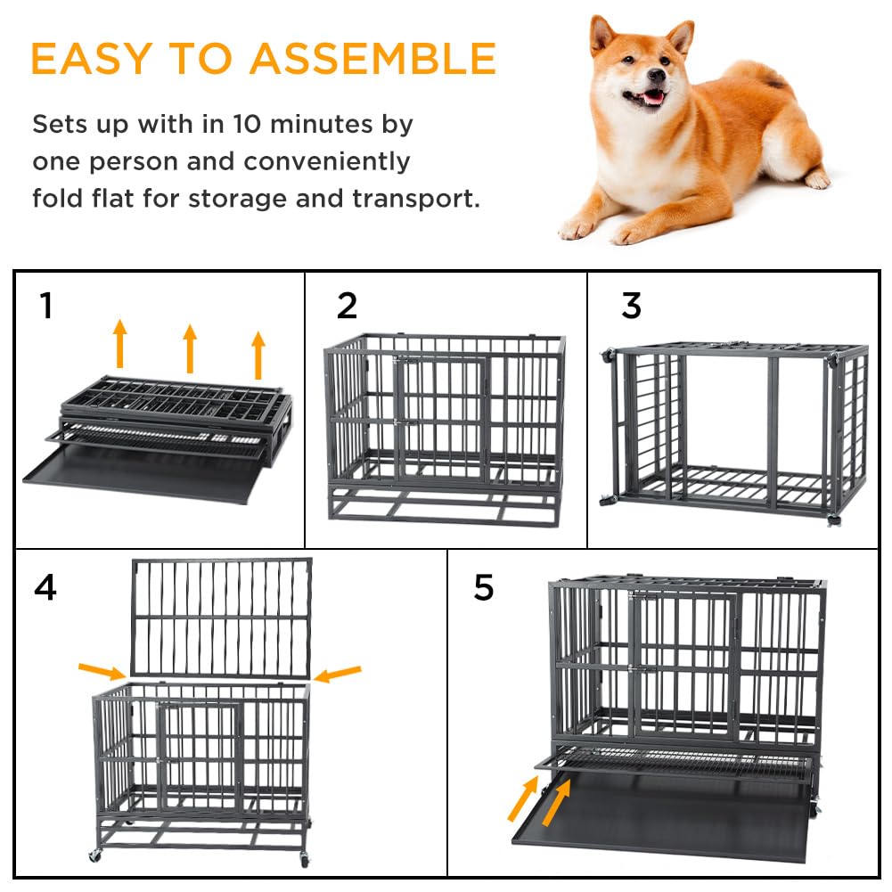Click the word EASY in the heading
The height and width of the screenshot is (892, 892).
coord(91,58)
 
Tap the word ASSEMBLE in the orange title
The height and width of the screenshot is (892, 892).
coord(373,58)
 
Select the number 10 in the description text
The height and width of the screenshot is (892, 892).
coord(248,124)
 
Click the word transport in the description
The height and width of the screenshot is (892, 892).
coord(415,199)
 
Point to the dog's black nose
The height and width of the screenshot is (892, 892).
coord(656,75)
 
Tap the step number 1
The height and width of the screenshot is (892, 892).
coord(46,306)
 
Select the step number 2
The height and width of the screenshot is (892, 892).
coord(347,306)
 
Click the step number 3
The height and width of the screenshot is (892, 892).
coord(632,306)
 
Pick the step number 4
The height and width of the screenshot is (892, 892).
coord(45,587)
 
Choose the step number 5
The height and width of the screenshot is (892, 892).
coord(484,587)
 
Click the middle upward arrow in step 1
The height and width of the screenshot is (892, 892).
coord(190,348)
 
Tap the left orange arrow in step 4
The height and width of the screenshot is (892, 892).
coord(102,671)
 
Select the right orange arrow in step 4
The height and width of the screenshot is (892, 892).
coord(337,674)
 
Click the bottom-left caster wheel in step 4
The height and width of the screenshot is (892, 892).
coord(95,855)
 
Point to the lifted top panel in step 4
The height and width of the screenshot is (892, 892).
coord(221,618)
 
